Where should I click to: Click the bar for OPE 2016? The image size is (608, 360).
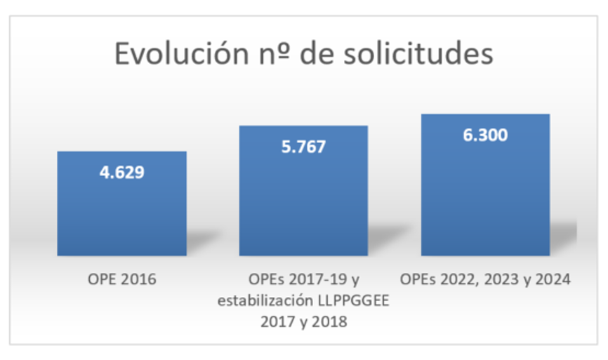click(x=121, y=211)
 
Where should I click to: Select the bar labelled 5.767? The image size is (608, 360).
click(x=303, y=204)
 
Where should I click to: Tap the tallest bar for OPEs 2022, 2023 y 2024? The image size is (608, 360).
click(x=485, y=196)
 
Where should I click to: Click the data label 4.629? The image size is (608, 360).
click(x=121, y=172)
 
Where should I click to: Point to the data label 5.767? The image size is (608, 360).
click(x=303, y=147)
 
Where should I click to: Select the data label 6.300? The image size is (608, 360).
click(x=485, y=135)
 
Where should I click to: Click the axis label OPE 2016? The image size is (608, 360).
click(x=121, y=280)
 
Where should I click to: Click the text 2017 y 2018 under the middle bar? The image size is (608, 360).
click(x=303, y=323)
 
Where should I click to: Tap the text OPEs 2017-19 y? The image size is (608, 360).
click(x=303, y=280)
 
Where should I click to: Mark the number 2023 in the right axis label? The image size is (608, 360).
click(x=505, y=280)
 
